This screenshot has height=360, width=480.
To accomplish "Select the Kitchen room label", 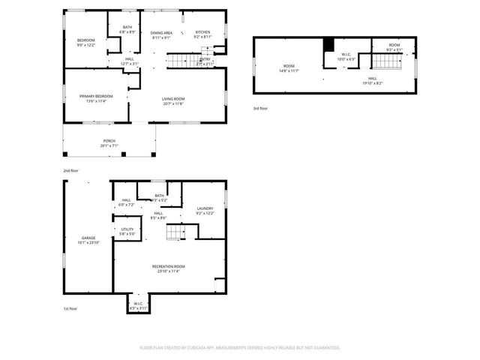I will point(202,34).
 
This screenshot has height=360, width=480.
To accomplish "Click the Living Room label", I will point(173,101).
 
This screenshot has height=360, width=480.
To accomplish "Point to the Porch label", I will point(109,142).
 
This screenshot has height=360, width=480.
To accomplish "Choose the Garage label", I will point(88,240).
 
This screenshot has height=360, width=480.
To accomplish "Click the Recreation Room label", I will point(168,268).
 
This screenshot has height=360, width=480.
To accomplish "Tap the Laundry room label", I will point(205,211).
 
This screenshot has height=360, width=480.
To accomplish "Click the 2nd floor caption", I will point(72,171).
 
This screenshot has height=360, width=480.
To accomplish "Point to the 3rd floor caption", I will point(261,109).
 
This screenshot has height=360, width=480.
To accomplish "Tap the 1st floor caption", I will point(71,308).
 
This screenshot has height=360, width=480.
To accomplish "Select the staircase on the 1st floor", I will point(174,234).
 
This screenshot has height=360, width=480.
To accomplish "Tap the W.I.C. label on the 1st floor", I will point(138,306).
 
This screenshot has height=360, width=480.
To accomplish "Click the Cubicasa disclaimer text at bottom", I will point(240,347).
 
